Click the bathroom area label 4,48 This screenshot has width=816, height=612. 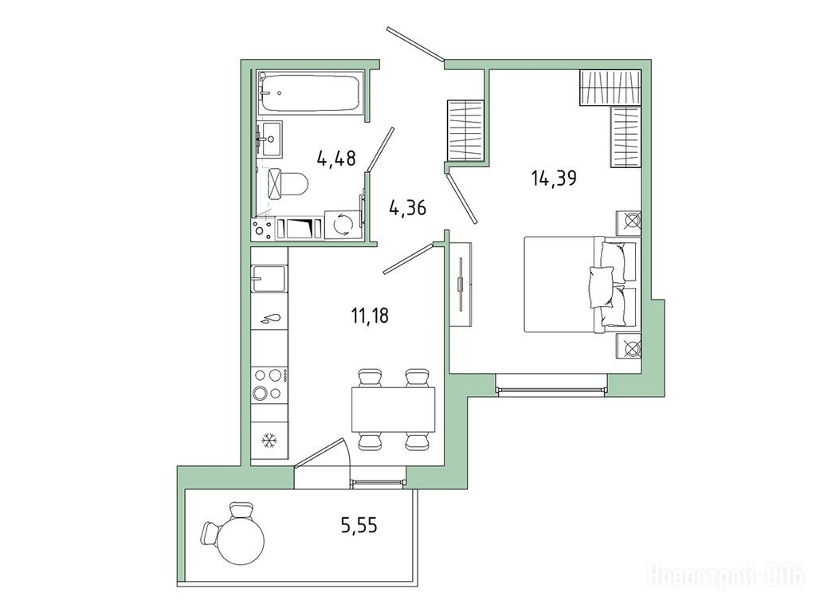click(x=336, y=157)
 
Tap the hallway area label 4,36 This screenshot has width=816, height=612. click(x=407, y=208)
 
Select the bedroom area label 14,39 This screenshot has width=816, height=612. click(x=554, y=178)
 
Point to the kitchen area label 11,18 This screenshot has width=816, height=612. click(x=370, y=316)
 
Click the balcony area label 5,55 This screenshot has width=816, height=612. click(x=359, y=526)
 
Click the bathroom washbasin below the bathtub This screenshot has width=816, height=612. click(x=269, y=139)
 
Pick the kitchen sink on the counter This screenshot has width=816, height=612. click(x=269, y=280)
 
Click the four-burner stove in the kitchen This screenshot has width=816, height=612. click(x=269, y=384)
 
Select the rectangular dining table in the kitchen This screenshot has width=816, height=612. click(x=393, y=410)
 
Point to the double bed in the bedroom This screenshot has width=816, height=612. click(x=581, y=284)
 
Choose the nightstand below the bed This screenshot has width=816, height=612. click(x=629, y=346)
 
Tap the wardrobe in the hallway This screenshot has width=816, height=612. click(x=465, y=131)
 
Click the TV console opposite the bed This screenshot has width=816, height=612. click(x=461, y=284)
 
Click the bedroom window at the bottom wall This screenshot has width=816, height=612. click(x=551, y=389)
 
